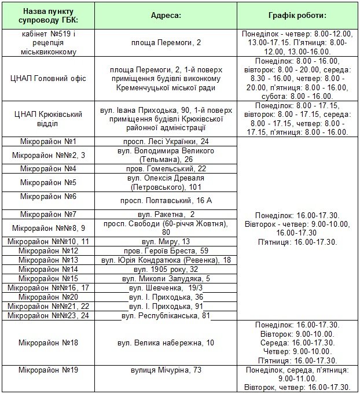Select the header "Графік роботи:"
(x=297, y=16)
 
